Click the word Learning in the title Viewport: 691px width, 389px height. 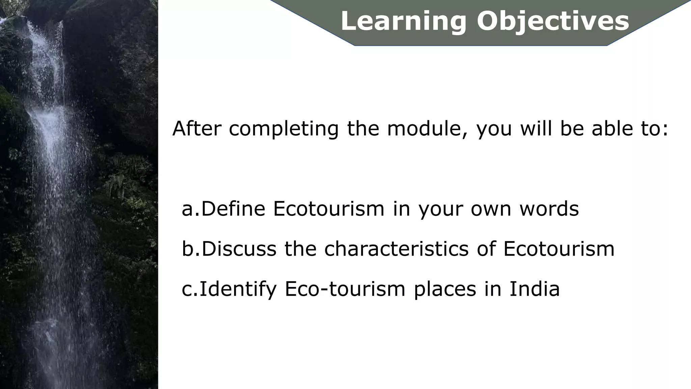(404, 21)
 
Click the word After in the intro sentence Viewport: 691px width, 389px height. (197, 129)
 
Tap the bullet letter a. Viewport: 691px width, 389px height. (188, 209)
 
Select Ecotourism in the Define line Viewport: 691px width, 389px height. (329, 209)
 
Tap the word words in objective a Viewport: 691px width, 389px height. (549, 209)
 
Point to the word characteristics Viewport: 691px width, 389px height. (396, 249)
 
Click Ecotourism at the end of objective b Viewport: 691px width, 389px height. (559, 249)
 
